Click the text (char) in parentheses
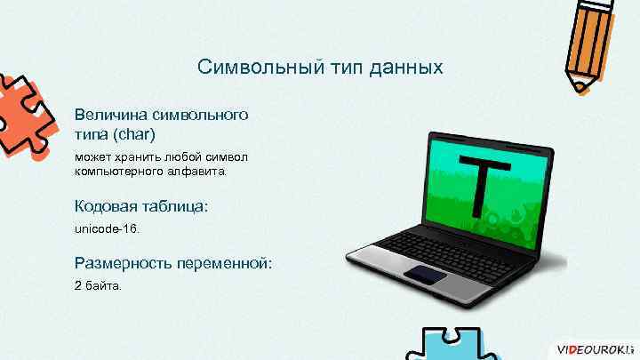point(135,134)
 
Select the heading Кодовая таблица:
point(143,205)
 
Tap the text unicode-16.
point(108,229)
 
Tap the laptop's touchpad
point(427,273)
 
